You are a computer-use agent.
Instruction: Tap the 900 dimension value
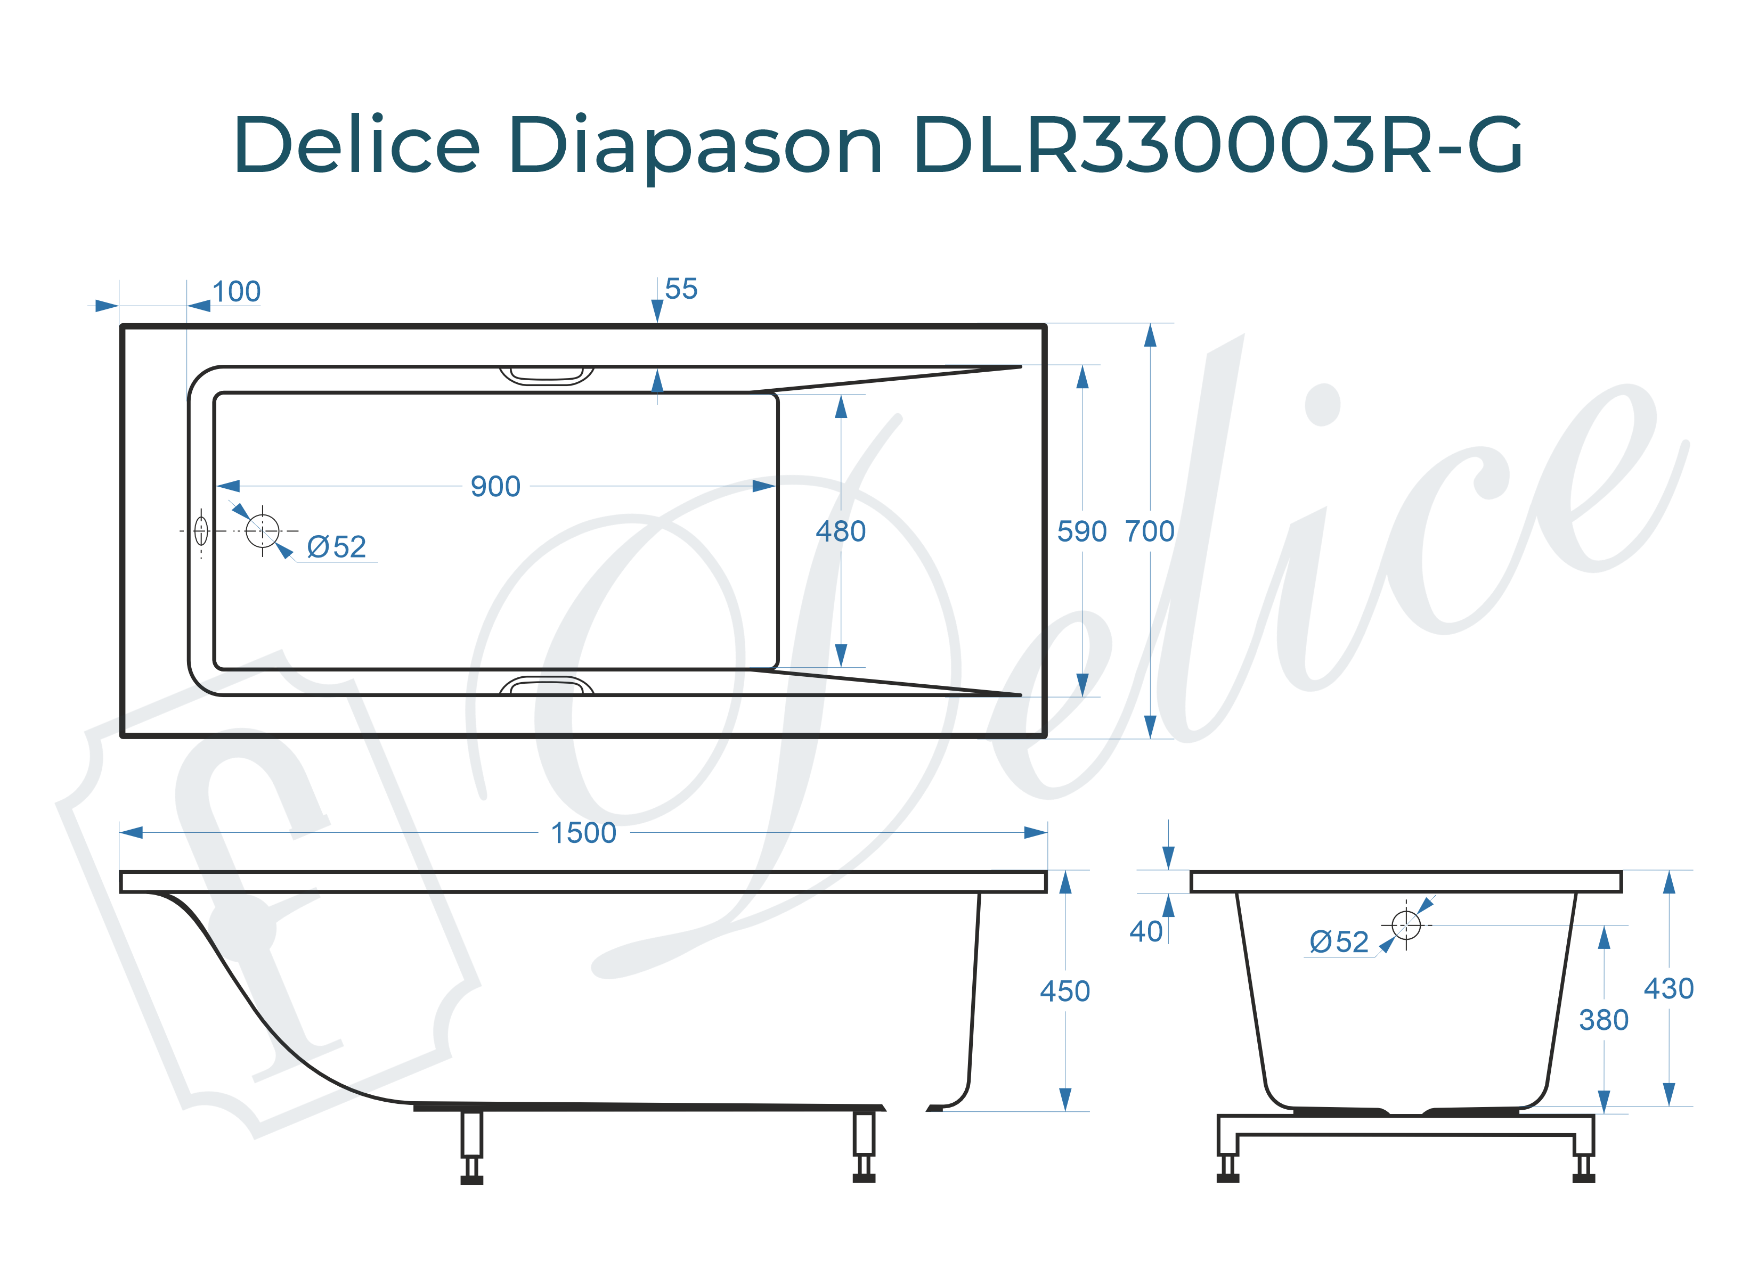495,487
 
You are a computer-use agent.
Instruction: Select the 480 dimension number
840,531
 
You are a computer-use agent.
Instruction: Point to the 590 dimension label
1081,531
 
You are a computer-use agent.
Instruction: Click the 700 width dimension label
1150,531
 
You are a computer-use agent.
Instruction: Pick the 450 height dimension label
1064,991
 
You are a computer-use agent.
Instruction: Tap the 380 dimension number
1603,1020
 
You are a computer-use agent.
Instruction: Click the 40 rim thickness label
1146,931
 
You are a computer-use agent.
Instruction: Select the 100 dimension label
237,292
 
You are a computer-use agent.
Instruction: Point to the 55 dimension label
681,289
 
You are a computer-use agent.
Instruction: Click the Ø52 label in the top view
336,547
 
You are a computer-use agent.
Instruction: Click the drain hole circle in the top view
262,531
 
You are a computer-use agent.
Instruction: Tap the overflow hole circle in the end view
1405,924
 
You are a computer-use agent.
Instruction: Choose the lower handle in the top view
547,685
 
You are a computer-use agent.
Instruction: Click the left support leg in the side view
471,1145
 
